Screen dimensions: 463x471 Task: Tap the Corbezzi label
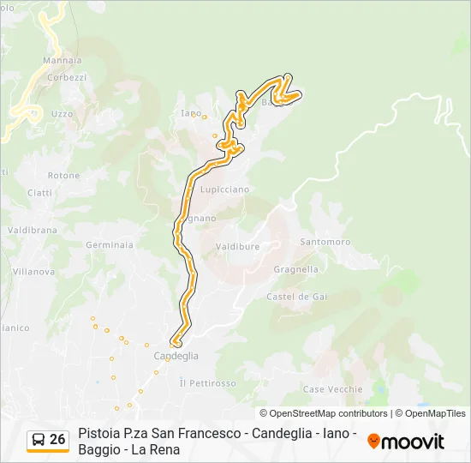[x=67, y=77]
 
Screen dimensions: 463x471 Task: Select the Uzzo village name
[x=62, y=113]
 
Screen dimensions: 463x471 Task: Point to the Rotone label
[x=63, y=176]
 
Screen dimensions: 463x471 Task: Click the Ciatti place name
[x=39, y=193]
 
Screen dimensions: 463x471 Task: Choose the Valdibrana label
[x=32, y=231]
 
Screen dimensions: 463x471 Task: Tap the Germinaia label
[x=110, y=244]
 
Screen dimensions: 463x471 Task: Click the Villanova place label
[x=32, y=272]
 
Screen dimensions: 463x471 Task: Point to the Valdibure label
[x=237, y=246]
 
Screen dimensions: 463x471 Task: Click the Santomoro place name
[x=325, y=242]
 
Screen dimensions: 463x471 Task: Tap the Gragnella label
[x=296, y=269]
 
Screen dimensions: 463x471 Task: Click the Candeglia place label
[x=176, y=356]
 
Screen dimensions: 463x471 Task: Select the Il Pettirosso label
[x=207, y=383]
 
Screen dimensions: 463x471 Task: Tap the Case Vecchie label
[x=332, y=389]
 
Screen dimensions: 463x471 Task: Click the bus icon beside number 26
[x=39, y=440]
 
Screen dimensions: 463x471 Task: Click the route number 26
[x=57, y=439]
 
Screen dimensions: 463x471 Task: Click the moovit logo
[x=406, y=442]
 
